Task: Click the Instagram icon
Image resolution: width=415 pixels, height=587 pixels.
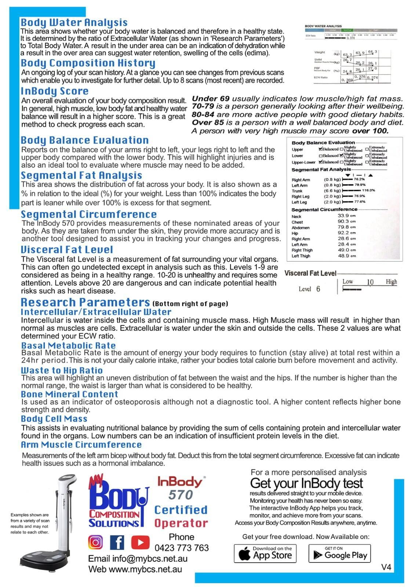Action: tap(95, 542)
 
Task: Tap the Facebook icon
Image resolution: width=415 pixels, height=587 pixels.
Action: tap(117, 542)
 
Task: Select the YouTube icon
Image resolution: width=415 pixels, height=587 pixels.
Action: tap(140, 542)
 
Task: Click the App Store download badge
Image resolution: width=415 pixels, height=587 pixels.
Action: tap(265, 554)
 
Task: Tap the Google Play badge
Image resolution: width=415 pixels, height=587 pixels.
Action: tap(339, 554)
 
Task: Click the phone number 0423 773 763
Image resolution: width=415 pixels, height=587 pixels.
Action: tap(181, 548)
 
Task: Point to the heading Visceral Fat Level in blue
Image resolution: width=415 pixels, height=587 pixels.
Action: tap(67, 250)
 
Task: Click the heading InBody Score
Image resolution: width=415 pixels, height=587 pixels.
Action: tap(55, 91)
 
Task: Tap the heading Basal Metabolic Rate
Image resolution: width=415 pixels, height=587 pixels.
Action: tap(68, 346)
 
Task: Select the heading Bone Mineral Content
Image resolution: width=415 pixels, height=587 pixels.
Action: tap(69, 394)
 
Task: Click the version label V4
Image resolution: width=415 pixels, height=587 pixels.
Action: tap(386, 567)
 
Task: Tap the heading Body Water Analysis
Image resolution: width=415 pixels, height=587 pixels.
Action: tap(74, 22)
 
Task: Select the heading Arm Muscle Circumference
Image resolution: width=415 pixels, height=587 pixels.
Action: tap(81, 445)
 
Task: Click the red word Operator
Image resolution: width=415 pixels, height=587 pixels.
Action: tap(181, 523)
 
